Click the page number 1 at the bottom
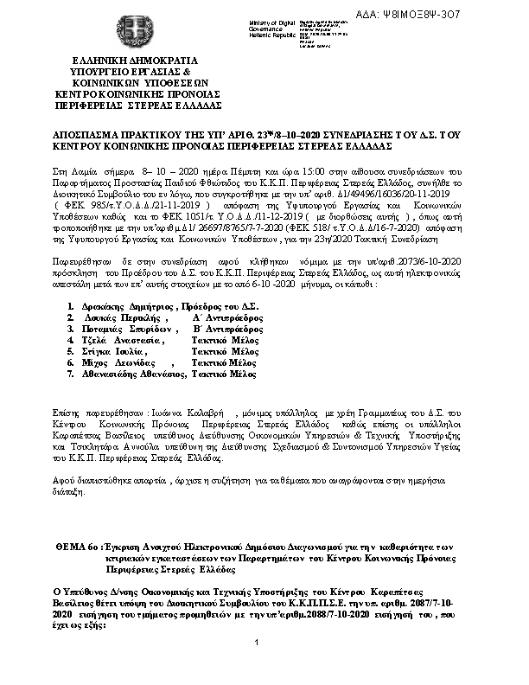click(x=258, y=664)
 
